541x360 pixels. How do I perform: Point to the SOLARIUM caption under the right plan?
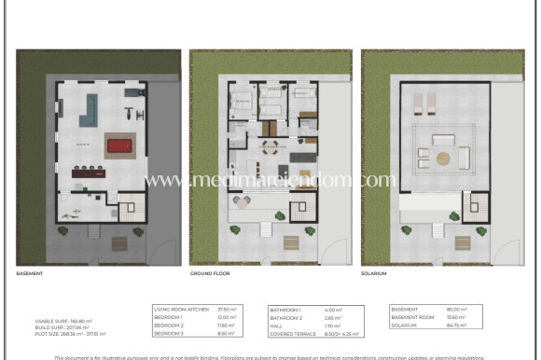(x=375, y=274)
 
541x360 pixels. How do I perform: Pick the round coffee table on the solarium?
(x=441, y=158)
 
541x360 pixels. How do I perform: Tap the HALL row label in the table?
(x=277, y=325)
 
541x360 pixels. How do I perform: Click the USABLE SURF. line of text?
(x=63, y=321)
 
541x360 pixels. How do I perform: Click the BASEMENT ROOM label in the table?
(x=411, y=317)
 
